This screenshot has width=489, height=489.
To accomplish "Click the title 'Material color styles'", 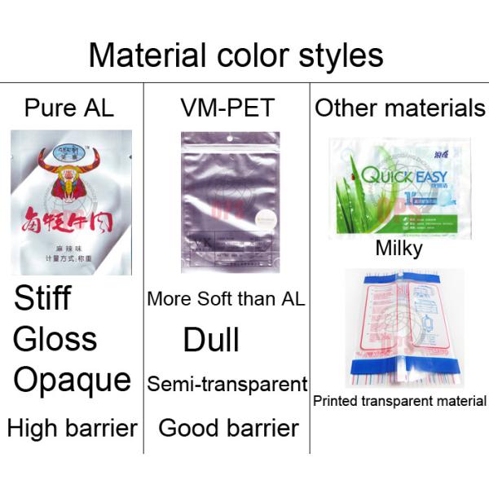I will (x=236, y=55).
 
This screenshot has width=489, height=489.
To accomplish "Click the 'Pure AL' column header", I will (x=69, y=108).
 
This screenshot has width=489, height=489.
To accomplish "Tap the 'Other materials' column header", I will (x=399, y=108).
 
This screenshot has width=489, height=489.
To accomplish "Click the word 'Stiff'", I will (x=42, y=299).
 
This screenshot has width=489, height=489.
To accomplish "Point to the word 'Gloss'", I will (x=55, y=339).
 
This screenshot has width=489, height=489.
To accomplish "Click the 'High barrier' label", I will (x=72, y=428).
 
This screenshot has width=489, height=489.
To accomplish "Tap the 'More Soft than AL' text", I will (x=226, y=299).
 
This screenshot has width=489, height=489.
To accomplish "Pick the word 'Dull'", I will (x=211, y=340).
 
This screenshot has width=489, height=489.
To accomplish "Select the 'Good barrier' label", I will (x=228, y=428).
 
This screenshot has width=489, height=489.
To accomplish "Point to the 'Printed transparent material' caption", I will (x=399, y=401).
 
